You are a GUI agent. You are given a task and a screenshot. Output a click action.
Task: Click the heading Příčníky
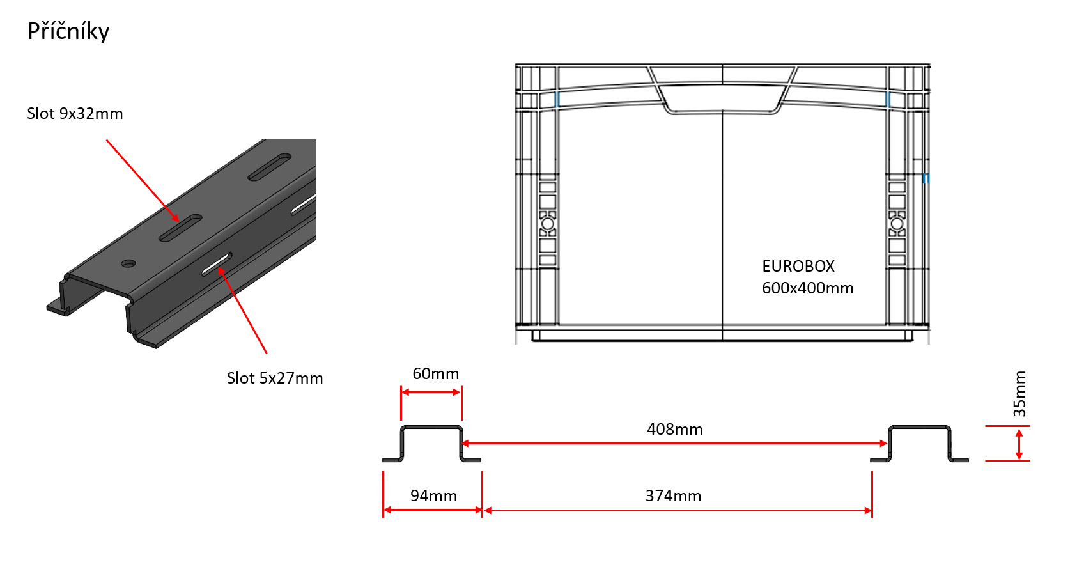point(68,32)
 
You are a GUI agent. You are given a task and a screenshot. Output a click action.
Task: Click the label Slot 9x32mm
point(75,113)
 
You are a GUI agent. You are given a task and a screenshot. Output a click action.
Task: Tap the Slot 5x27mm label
point(275,378)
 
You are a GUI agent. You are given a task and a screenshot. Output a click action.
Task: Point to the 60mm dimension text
point(436,373)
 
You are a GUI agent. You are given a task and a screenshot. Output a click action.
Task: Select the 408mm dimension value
point(674,429)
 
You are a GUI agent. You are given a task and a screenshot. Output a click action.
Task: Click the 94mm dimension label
point(434,495)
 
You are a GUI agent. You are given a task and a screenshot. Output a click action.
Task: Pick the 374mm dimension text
point(673,495)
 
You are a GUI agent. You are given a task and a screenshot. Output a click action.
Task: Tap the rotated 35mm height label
point(1019,394)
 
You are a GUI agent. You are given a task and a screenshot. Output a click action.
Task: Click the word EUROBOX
point(798,266)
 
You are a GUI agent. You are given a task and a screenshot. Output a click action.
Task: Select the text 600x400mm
point(808,288)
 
